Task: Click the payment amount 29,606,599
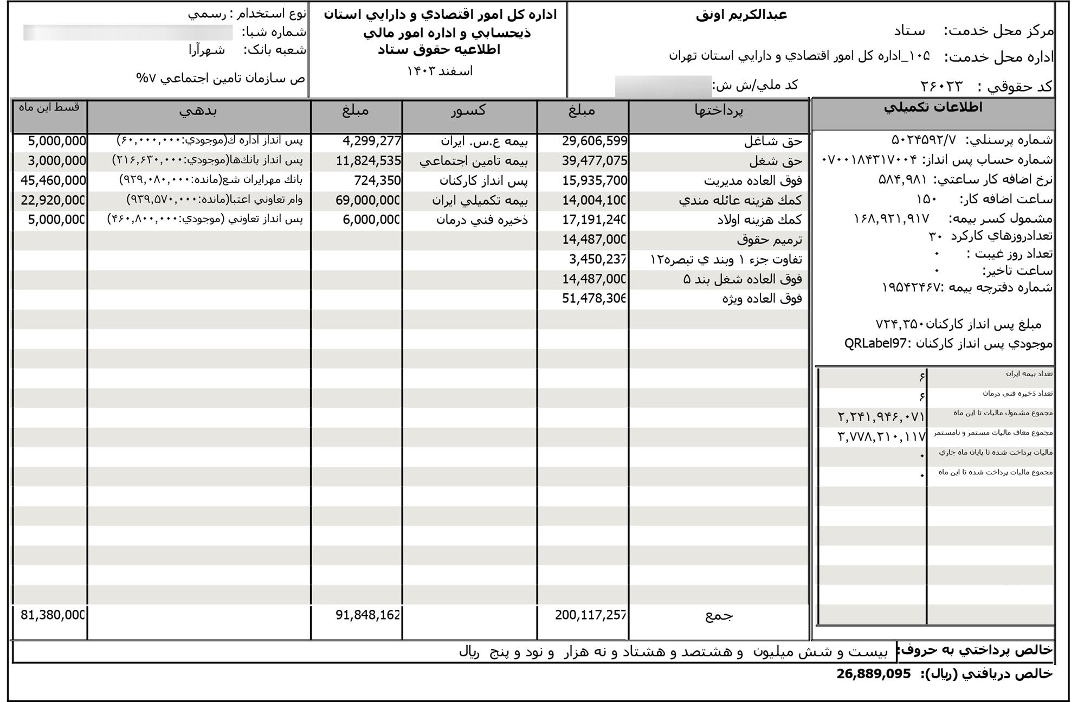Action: pyautogui.click(x=595, y=141)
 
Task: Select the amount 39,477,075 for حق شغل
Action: pyautogui.click(x=595, y=161)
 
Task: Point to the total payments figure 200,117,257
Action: pyautogui.click(x=591, y=615)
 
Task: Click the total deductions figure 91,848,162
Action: pyautogui.click(x=368, y=615)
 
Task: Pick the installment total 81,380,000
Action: pyautogui.click(x=53, y=615)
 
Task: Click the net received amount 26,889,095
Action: pyautogui.click(x=873, y=674)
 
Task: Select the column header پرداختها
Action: pyautogui.click(x=719, y=111)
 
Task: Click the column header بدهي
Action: pyautogui.click(x=198, y=111)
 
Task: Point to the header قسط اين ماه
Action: pyautogui.click(x=49, y=107)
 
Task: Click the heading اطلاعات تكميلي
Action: pyautogui.click(x=933, y=107)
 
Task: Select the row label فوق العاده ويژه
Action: pyautogui.click(x=762, y=299)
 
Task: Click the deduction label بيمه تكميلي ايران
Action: pyautogui.click(x=480, y=201)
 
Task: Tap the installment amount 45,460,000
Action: pyautogui.click(x=53, y=181)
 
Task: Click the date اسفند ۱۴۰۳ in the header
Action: pyautogui.click(x=440, y=71)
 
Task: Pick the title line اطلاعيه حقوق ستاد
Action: pyautogui.click(x=439, y=50)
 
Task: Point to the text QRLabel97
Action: pyautogui.click(x=875, y=344)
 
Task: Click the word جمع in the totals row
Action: pyautogui.click(x=719, y=615)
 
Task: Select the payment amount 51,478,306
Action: pyautogui.click(x=595, y=299)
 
